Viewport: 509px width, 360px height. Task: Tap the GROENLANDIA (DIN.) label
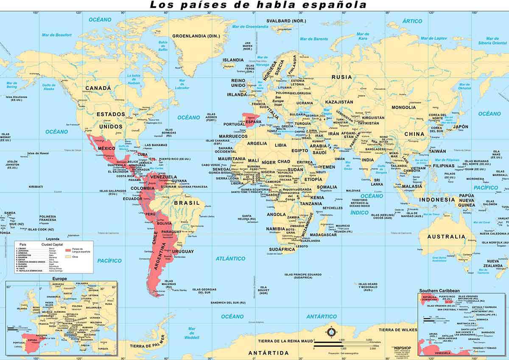click(x=196, y=36)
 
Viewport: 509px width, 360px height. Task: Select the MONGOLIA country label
click(x=403, y=107)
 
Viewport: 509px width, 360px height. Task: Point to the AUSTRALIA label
click(x=446, y=237)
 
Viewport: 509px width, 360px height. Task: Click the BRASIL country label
click(x=187, y=203)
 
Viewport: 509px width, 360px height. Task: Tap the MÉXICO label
click(x=106, y=149)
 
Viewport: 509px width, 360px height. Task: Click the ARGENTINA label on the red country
click(x=158, y=254)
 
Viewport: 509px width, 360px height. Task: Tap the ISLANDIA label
click(x=233, y=60)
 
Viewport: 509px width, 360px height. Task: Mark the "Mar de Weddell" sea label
click(x=192, y=333)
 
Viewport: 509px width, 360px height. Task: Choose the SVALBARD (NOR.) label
click(x=286, y=21)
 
